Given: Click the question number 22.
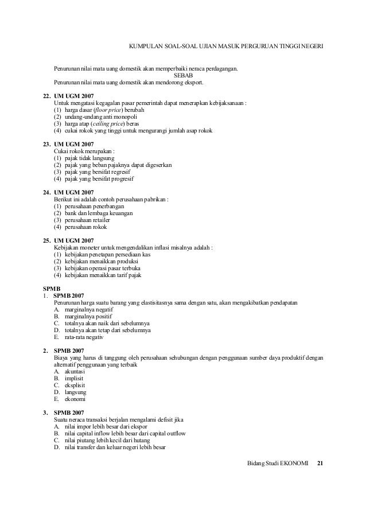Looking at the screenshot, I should coord(48,95).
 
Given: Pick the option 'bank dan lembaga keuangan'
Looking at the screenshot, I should coord(99,213).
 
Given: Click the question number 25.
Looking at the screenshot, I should coord(48,241).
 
